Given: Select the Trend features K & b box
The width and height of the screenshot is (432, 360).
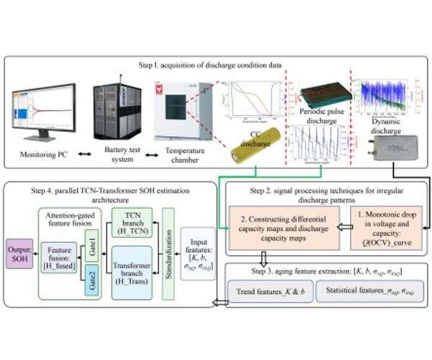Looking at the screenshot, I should (269, 293).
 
